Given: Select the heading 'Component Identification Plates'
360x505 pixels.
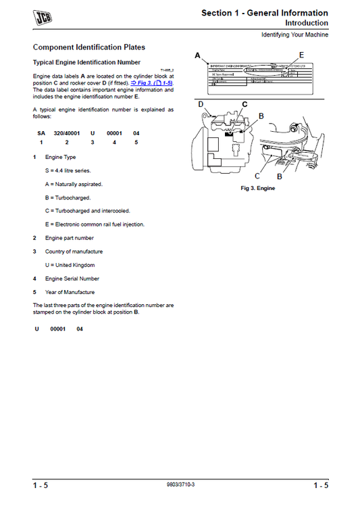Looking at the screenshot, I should click(x=89, y=47).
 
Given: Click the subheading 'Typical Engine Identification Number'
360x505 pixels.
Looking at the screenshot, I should click(x=86, y=62).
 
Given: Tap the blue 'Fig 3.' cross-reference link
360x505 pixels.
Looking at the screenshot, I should click(x=153, y=82).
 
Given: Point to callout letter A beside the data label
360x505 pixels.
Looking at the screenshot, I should click(x=197, y=55).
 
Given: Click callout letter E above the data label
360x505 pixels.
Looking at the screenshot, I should click(x=301, y=54).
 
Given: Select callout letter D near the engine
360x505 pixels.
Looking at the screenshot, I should click(x=201, y=104).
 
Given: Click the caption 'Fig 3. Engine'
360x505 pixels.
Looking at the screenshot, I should click(x=258, y=188).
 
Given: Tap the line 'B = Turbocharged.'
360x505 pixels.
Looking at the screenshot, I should click(x=74, y=197).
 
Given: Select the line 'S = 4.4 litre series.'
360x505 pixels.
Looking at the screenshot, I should click(x=68, y=170).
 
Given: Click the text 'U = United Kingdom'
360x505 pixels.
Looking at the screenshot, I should click(x=70, y=265).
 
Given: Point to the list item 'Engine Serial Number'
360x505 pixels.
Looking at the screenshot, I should click(x=72, y=279).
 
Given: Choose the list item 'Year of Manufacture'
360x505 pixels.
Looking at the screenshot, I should click(x=70, y=292).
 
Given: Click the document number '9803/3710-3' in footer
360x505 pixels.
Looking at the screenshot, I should click(x=180, y=485).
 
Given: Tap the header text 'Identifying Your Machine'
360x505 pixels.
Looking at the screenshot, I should click(x=295, y=34).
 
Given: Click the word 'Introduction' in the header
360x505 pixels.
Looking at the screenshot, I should click(x=307, y=22).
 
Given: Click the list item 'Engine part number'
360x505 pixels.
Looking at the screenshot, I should click(x=70, y=238).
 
